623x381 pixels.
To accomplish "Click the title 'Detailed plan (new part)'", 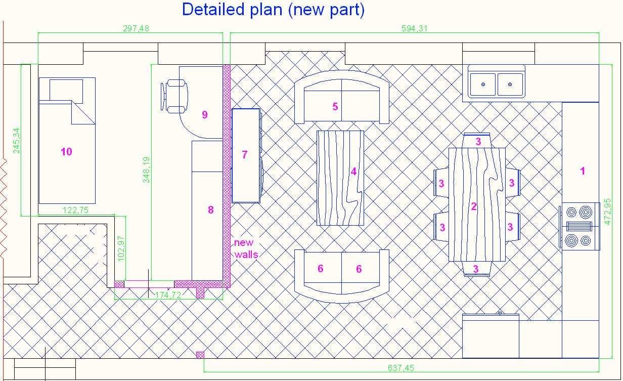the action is coord(273,10).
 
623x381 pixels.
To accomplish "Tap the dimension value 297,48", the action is coord(136,28).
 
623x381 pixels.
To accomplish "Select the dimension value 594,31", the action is coord(415,28).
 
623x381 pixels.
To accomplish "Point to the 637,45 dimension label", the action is coord(401,368).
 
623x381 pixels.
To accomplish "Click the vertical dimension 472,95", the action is coord(608,211).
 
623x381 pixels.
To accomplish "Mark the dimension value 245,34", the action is coord(16,141).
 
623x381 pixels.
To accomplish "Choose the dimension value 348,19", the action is coord(146,170).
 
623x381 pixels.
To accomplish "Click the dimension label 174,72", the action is coord(168,294).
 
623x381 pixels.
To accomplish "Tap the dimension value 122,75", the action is coord(75,210).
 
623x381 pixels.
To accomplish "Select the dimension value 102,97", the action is coord(121,248).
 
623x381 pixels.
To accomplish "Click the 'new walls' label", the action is coord(246,248).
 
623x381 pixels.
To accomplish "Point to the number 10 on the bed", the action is coord(66,152).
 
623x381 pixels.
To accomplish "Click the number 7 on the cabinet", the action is coord(245,155).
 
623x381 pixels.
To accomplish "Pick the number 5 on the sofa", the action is coord(335,107).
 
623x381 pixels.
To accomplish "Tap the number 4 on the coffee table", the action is coord(353,172).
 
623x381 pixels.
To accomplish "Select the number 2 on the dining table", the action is coord(474,206).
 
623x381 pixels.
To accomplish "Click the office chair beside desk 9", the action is coord(174,96).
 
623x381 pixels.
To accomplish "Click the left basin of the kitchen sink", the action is coord(482,84).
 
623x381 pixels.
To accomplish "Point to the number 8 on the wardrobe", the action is coord(211,210).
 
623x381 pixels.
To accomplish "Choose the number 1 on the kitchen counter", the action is coord(583,171).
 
